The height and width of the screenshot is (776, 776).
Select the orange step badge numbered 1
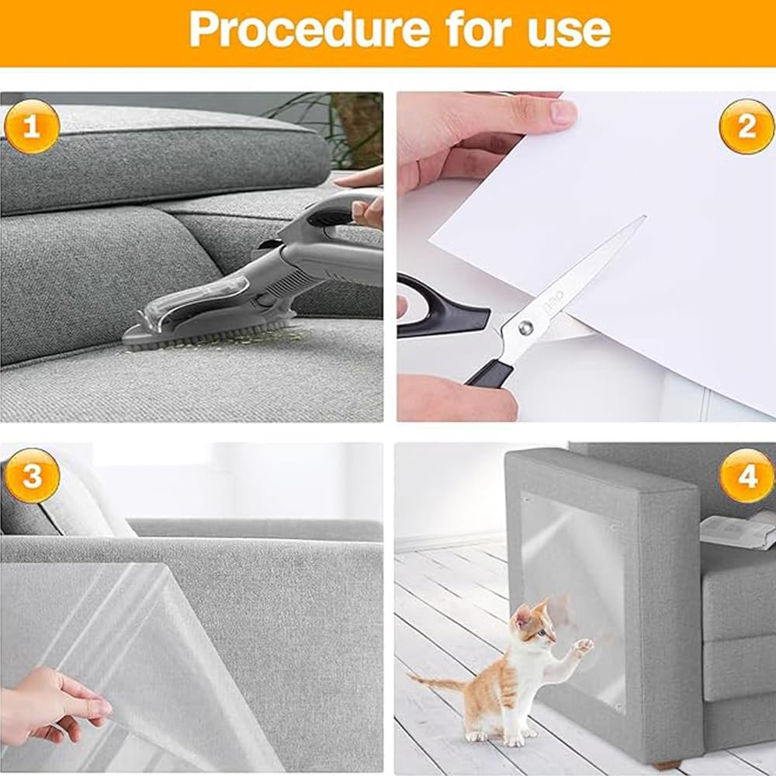coord(31,126)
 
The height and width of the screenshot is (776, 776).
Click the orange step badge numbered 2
coord(746,126)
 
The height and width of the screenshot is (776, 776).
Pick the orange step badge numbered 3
coord(31,476)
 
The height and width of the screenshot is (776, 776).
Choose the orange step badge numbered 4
coord(746,476)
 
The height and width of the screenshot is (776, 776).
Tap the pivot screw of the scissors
coord(526,328)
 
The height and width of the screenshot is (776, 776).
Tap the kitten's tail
coord(438,683)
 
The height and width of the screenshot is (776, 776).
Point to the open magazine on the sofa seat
coord(737,530)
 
